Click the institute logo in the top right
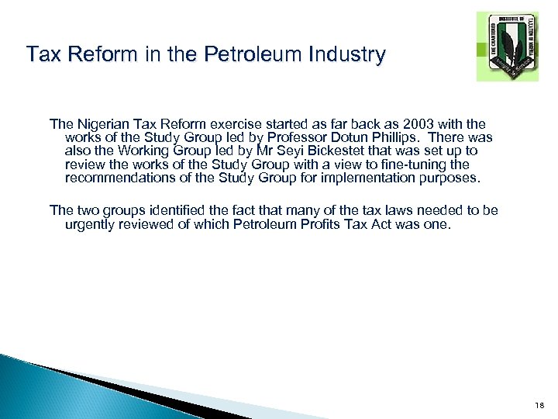coord(507,47)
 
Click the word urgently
coord(91,224)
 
